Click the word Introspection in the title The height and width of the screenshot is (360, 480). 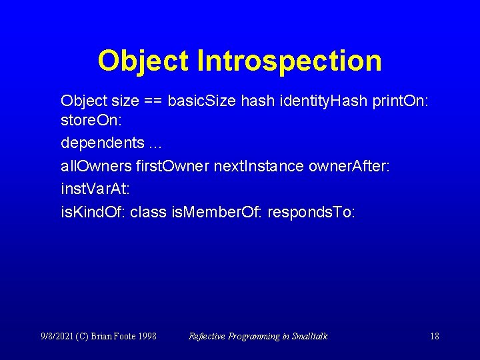point(289,61)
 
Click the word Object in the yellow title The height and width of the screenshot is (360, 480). point(143,61)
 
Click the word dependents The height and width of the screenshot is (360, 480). point(102,143)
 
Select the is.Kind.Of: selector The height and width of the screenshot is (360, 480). point(93,212)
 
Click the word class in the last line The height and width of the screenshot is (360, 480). point(148,212)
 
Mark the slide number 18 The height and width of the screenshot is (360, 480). point(434,336)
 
